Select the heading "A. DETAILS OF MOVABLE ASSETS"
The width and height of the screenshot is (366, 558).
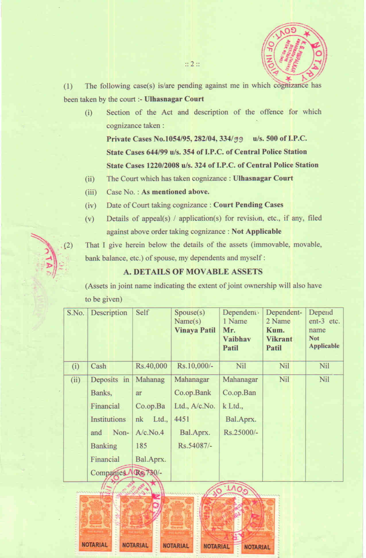193,272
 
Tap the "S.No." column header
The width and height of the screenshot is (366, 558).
75,313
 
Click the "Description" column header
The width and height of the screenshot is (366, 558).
109,313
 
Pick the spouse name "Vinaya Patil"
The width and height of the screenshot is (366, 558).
195,330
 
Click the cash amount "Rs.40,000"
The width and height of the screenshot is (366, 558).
151,366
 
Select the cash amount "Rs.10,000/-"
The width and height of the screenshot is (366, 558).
195,366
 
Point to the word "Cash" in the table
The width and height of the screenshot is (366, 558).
98,366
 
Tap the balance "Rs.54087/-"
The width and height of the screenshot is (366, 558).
195,446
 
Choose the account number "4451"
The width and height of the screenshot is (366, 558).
182,419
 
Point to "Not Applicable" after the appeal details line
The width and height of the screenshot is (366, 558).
256,232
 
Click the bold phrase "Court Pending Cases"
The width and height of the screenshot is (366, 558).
248,205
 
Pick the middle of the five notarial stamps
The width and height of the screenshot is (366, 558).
176,524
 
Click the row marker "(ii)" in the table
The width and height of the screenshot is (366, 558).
75,380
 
